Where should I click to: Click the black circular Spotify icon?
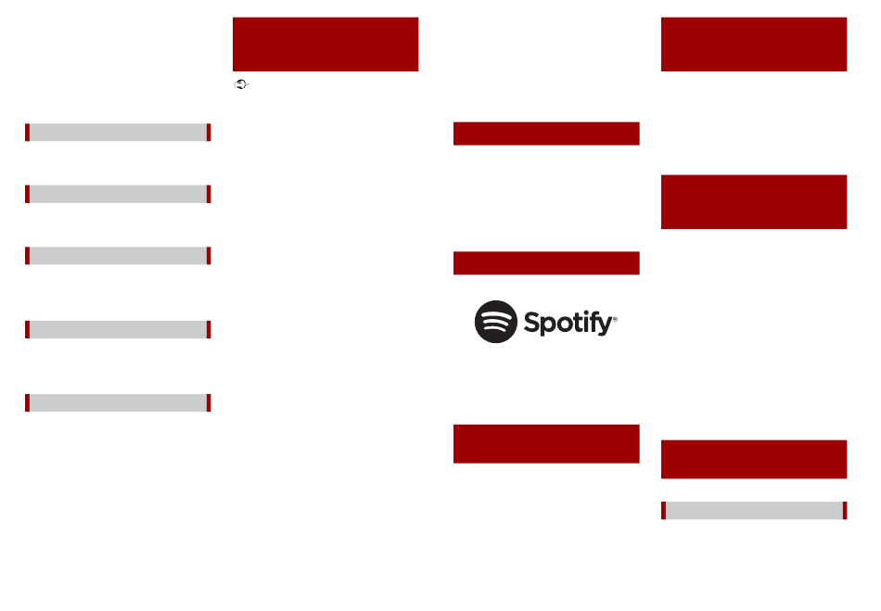495,322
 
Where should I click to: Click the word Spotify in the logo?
568,323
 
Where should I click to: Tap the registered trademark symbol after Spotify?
615,319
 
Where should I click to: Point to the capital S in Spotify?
531,322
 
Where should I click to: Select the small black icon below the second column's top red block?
241,84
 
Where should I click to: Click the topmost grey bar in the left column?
118,133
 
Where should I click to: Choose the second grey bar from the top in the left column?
118,195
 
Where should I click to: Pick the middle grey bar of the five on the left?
118,256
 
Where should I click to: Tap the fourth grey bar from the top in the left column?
118,330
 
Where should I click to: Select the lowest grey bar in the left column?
118,403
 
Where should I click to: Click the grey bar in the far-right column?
754,511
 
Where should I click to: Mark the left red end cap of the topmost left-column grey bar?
27,133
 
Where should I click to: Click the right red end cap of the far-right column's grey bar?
845,511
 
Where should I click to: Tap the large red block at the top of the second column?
326,45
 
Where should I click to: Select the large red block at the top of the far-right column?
754,45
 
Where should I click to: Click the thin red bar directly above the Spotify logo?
546,262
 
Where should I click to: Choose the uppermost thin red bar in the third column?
546,134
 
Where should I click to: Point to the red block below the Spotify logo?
546,444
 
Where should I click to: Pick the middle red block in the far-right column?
754,201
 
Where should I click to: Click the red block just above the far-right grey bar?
754,459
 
